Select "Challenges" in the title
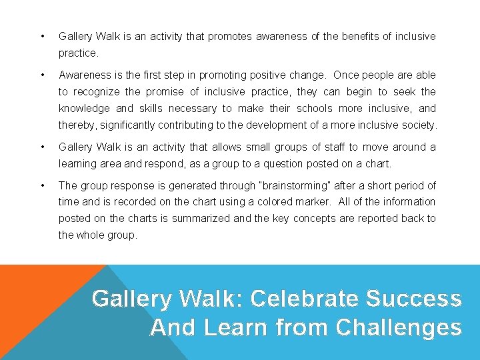coord(399,327)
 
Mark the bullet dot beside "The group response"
coord(43,186)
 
